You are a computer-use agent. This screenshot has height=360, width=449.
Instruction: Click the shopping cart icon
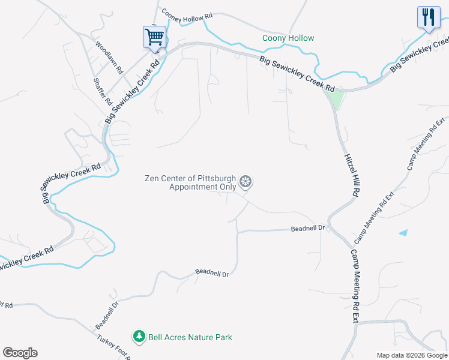click(x=154, y=37)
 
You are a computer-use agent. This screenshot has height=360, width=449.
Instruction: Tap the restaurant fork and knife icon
click(x=427, y=17)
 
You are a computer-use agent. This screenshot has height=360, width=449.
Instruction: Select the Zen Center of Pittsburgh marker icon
click(x=245, y=181)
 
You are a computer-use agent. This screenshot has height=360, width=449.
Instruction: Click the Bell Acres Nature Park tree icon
click(x=139, y=337)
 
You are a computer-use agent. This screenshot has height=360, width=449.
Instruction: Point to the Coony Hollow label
click(x=288, y=38)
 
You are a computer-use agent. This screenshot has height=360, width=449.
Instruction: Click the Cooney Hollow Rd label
click(x=187, y=19)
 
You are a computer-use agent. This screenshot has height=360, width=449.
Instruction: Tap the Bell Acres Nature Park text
click(x=190, y=338)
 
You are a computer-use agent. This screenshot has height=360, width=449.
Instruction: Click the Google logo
click(x=20, y=353)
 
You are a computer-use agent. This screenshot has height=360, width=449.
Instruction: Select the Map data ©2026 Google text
click(x=411, y=355)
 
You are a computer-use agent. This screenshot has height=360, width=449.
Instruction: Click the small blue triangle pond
click(x=403, y=232)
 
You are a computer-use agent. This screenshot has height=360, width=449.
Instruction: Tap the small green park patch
click(x=337, y=98)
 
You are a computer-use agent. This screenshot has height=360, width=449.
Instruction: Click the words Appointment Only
click(x=202, y=187)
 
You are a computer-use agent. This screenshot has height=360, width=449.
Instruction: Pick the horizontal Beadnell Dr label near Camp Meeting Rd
click(x=307, y=229)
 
